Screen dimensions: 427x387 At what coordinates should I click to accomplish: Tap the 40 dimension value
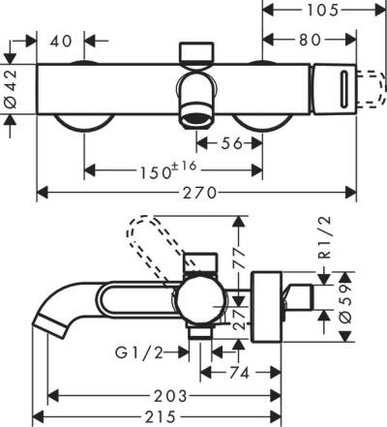pos(60,42)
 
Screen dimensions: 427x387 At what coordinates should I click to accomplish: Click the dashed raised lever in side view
pos(144,235)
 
